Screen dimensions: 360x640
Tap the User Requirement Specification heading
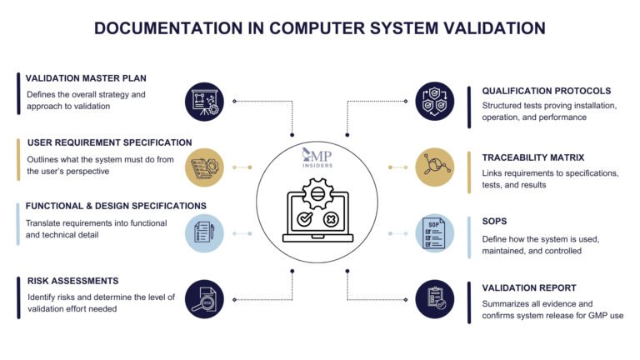(109, 142)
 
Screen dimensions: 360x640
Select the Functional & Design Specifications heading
(116, 206)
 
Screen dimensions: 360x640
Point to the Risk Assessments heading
(72, 281)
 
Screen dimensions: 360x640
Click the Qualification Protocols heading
(547, 91)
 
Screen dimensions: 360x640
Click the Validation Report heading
(528, 287)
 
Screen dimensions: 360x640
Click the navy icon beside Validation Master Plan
(204, 101)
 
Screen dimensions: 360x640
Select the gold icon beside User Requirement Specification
(204, 167)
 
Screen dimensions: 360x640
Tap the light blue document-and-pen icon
(204, 232)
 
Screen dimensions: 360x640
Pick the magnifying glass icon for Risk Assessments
(204, 298)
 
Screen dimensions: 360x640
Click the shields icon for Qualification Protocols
(436, 101)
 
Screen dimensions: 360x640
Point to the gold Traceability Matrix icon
(436, 167)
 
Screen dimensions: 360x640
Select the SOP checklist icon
(436, 232)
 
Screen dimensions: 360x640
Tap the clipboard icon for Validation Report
(436, 298)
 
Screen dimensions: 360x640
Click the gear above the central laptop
(320, 194)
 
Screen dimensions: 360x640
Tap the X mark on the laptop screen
(332, 220)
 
